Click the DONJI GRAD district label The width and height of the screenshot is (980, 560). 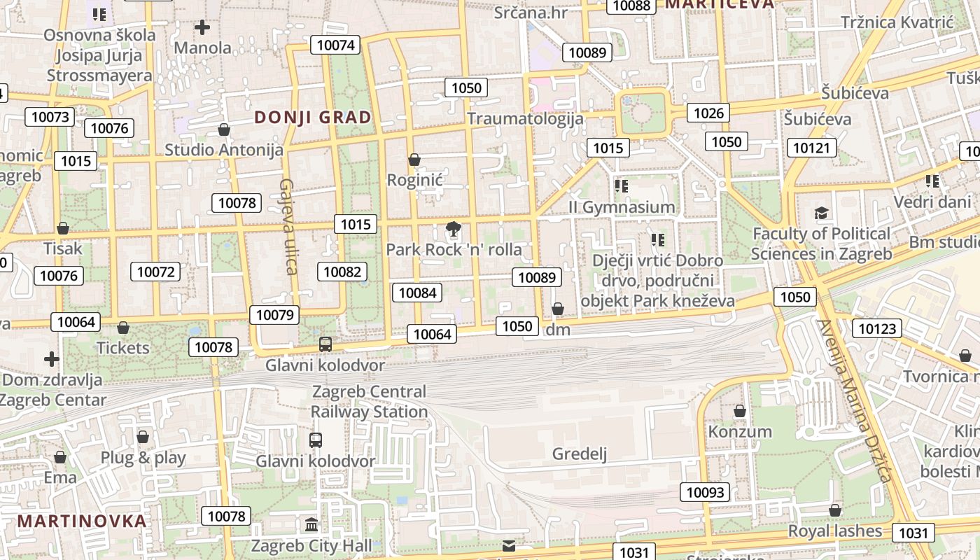pyautogui.click(x=313, y=117)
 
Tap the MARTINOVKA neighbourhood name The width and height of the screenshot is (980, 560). pyautogui.click(x=82, y=521)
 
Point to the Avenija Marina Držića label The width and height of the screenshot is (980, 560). pyautogui.click(x=854, y=400)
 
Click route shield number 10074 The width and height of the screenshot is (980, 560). pyautogui.click(x=337, y=45)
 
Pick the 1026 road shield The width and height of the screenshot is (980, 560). pyautogui.click(x=708, y=113)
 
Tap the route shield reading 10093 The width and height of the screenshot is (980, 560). pyautogui.click(x=706, y=492)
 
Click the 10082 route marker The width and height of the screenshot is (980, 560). pyautogui.click(x=342, y=272)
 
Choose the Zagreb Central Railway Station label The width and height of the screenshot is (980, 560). pyautogui.click(x=369, y=402)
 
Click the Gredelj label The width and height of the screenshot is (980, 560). pyautogui.click(x=580, y=454)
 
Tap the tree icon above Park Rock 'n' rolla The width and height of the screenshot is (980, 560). pyautogui.click(x=454, y=228)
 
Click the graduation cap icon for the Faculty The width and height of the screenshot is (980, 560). pyautogui.click(x=821, y=213)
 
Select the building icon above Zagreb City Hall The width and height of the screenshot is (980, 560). pyautogui.click(x=311, y=524)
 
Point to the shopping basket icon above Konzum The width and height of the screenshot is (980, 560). pyautogui.click(x=739, y=411)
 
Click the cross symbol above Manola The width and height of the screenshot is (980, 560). pyautogui.click(x=202, y=27)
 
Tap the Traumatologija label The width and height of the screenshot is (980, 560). pyautogui.click(x=525, y=118)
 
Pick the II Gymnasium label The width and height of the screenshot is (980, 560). pyautogui.click(x=622, y=207)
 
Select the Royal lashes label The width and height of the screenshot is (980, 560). pyautogui.click(x=835, y=531)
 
